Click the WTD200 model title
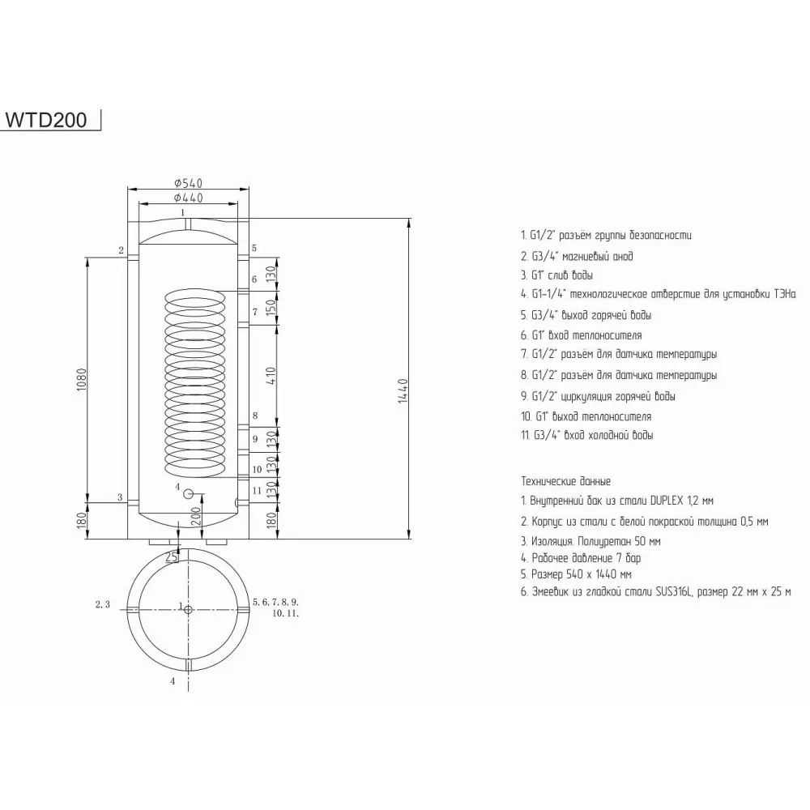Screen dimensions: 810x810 [x=52, y=118]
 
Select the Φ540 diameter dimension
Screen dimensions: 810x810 [x=187, y=184]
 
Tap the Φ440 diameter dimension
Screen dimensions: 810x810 [x=187, y=198]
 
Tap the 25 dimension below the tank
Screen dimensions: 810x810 [x=172, y=557]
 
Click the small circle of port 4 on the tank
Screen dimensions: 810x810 [x=188, y=494]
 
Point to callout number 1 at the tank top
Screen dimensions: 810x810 [x=184, y=212]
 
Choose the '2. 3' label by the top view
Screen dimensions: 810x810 [x=103, y=604]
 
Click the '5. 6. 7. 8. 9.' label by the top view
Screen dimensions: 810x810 [x=276, y=602]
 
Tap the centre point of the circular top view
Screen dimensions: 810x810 [x=188, y=609]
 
